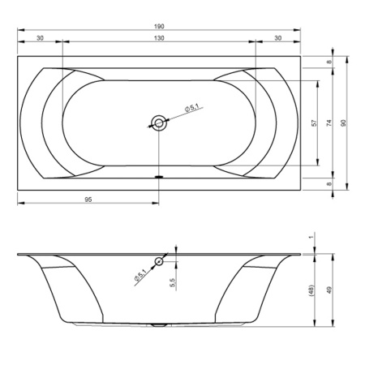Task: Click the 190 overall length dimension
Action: pos(159,27)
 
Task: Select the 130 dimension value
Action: pos(159,38)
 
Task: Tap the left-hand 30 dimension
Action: pos(40,38)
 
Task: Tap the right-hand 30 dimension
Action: pos(278,38)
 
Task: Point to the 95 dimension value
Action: pos(88,200)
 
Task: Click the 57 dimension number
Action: pos(314,123)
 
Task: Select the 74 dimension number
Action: pos(328,123)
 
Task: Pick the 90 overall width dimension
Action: pos(343,123)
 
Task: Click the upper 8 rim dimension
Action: pos(329,62)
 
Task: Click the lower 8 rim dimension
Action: pos(329,184)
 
